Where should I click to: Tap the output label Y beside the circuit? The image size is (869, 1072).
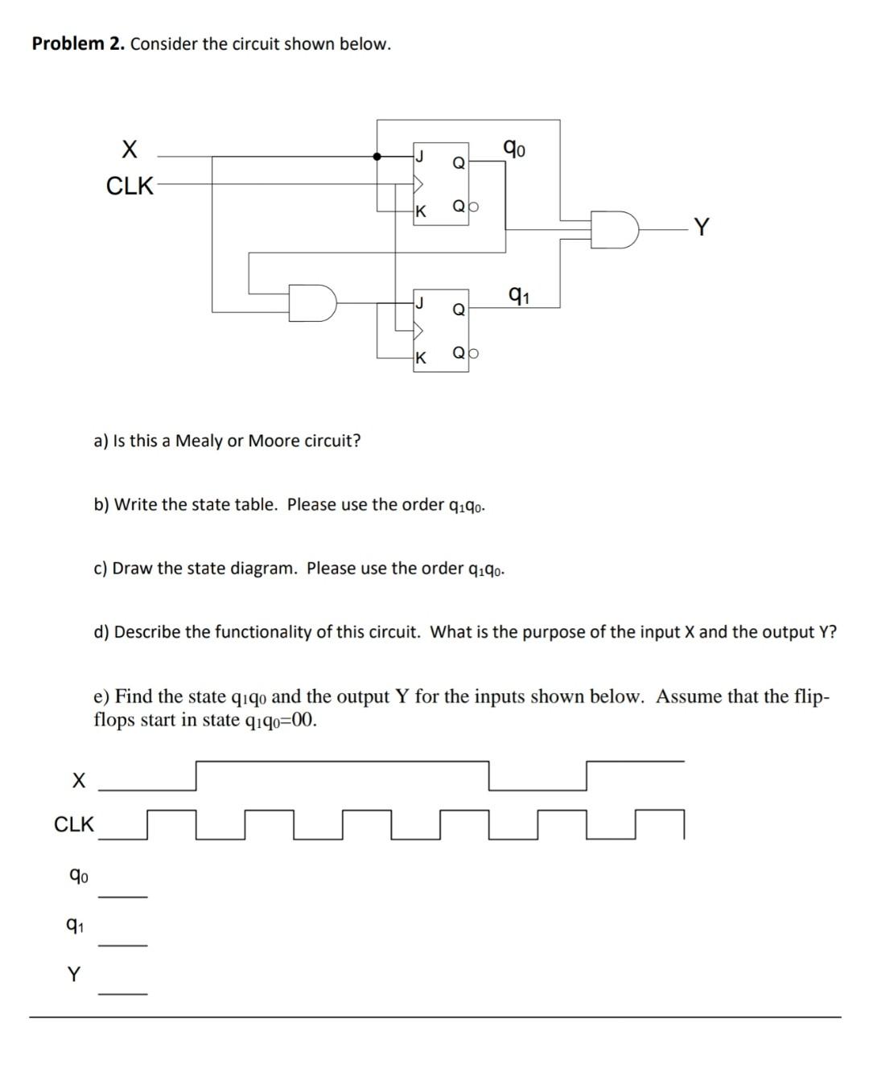702,228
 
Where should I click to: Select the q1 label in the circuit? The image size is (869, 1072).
519,294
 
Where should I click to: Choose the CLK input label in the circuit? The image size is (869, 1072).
130,186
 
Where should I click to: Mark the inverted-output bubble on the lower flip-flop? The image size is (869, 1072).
474,352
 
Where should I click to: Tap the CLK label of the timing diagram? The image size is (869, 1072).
74,824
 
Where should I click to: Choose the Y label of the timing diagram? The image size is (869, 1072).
74,975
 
